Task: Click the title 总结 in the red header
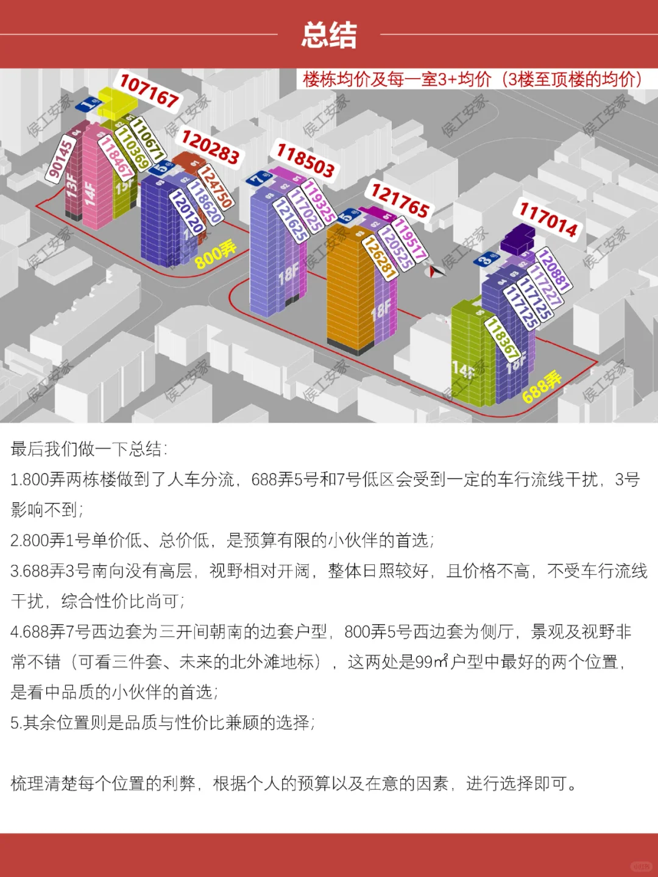coord(329,35)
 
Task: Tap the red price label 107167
coord(149,91)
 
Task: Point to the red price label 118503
coord(305,160)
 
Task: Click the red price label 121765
coord(400,201)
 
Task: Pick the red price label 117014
coord(548,219)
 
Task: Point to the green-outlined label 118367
coord(503,339)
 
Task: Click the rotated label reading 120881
coord(554,269)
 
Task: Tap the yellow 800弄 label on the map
coord(215,254)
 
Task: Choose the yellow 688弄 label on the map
coord(542,387)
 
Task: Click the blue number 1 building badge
coord(88,104)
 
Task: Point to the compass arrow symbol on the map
coord(436,271)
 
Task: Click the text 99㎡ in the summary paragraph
coord(432,662)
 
